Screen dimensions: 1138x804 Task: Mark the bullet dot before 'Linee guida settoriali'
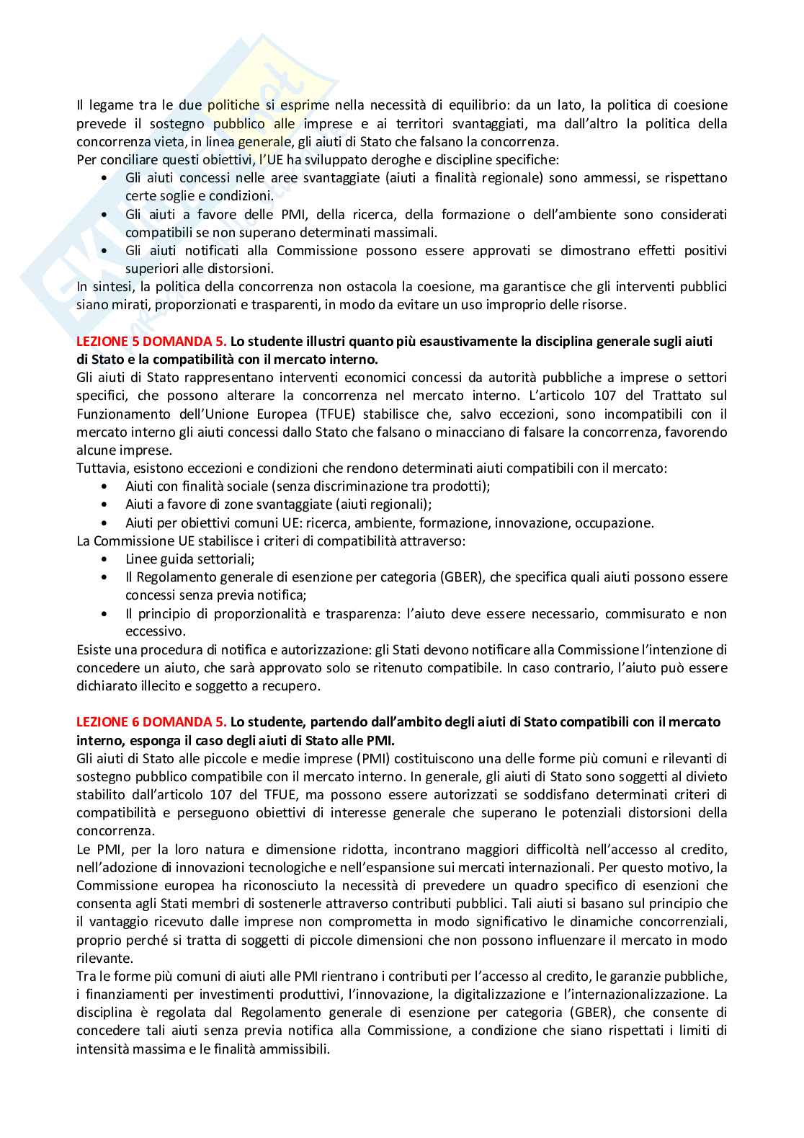[107, 559]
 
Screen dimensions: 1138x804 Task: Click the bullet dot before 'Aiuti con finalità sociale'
[107, 486]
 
